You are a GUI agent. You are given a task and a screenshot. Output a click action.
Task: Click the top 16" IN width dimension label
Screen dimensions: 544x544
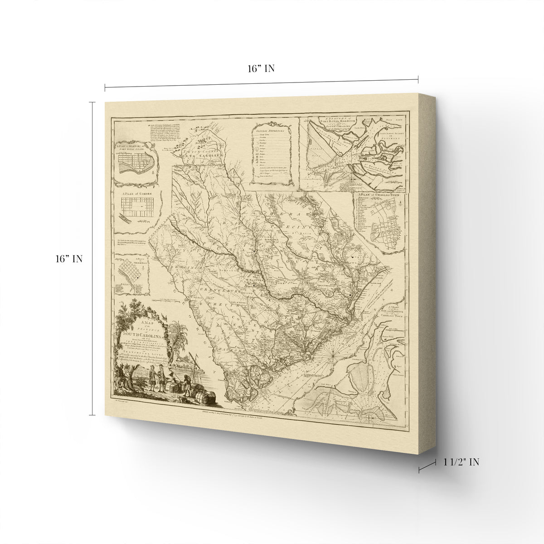click(261, 69)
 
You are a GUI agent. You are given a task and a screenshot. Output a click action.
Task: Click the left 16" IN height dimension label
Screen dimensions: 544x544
click(68, 259)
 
